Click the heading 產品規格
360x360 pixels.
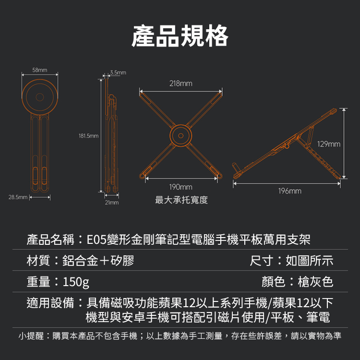(x=180, y=36)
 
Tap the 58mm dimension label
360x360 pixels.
(x=40, y=70)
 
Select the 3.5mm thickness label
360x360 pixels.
(x=118, y=72)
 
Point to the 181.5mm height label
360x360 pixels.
(x=89, y=136)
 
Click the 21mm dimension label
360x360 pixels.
(x=112, y=202)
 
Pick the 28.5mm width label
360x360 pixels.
(x=18, y=197)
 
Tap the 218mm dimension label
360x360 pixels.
(x=180, y=84)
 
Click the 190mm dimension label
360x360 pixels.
(x=180, y=187)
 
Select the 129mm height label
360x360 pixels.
(x=329, y=144)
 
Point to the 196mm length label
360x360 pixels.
(x=290, y=191)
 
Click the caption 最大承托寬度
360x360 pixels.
(x=181, y=200)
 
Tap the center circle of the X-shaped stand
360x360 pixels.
(x=180, y=136)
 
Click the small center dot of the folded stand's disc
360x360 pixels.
(x=40, y=97)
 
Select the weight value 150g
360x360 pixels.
(x=76, y=282)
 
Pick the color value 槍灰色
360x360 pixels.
(x=315, y=282)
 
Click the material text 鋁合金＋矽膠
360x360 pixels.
(x=98, y=261)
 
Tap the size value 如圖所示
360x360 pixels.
(x=309, y=261)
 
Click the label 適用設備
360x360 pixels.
(x=50, y=303)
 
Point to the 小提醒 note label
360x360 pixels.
(x=31, y=336)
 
